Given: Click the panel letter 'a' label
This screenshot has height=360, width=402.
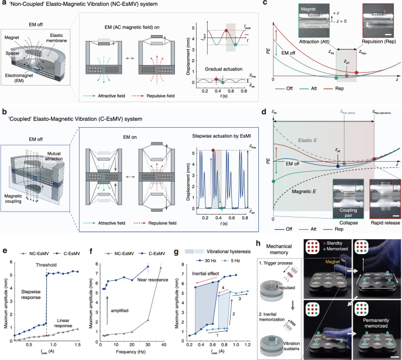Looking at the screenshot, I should [x=4, y=5].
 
